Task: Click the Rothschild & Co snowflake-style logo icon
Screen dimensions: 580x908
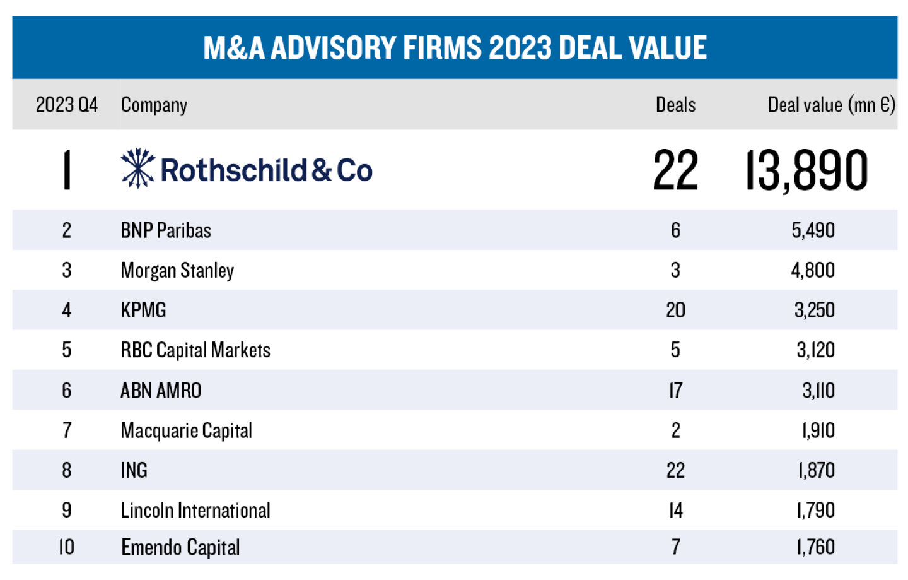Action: [137, 169]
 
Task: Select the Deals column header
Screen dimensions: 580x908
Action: [675, 105]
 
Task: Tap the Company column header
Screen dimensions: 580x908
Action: [154, 105]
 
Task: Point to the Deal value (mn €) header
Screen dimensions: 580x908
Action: [831, 105]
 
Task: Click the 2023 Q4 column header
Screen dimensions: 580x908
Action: [67, 105]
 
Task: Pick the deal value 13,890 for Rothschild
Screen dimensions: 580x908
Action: [806, 170]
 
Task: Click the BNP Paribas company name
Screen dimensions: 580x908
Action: [166, 230]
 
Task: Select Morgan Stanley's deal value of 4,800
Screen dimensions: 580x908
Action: [813, 270]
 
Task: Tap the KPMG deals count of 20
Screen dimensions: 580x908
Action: [675, 310]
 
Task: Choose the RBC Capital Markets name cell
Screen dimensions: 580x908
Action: [195, 350]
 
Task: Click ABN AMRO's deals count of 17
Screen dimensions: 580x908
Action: [675, 391]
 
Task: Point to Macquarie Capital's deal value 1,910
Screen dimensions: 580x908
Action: [818, 430]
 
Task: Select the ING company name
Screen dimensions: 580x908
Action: [134, 470]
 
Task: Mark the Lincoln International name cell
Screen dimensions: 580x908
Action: [195, 510]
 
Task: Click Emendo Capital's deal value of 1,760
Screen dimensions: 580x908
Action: [816, 547]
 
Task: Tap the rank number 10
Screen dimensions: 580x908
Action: [67, 547]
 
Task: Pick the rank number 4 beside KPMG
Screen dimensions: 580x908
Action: [67, 310]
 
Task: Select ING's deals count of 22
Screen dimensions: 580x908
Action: [675, 470]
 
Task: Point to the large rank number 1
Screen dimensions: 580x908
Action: [67, 170]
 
